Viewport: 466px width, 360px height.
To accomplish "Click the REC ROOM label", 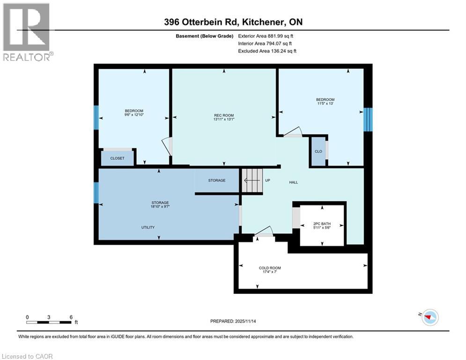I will [224, 115].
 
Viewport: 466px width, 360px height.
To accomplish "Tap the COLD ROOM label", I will [270, 268].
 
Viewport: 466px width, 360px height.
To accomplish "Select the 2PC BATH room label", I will [322, 224].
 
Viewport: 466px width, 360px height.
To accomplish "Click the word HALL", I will [294, 182].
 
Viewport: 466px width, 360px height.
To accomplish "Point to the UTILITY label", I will [148, 227].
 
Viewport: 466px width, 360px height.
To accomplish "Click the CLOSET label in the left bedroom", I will [117, 158].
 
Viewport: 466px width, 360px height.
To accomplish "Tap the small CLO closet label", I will [318, 151].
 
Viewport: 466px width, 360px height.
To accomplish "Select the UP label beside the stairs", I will [268, 180].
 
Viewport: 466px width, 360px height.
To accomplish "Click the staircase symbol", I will [252, 180].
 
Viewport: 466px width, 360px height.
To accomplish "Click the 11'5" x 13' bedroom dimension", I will [325, 104].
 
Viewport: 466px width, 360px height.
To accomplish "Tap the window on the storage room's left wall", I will [96, 193].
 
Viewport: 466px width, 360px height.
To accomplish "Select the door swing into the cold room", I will [263, 231].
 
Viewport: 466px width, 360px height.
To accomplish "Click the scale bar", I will [49, 322].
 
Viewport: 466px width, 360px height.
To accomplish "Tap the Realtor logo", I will [27, 32].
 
